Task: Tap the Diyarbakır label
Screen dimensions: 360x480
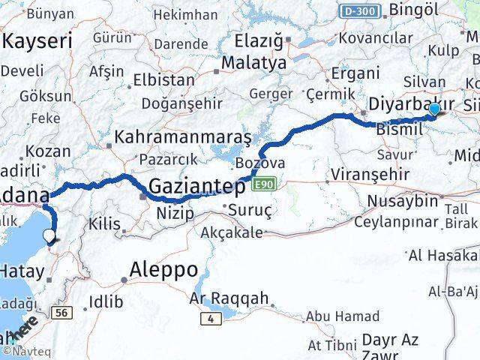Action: (x=412, y=103)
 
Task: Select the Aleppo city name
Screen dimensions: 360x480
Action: (x=163, y=268)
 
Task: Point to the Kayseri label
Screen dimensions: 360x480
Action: (x=37, y=41)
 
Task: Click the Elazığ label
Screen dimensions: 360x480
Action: (x=258, y=40)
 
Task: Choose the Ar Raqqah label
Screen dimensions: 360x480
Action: (x=228, y=298)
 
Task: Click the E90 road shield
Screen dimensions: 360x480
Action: (x=264, y=184)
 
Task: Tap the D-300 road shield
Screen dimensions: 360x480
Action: (x=360, y=11)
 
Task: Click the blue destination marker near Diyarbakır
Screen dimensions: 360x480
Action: (x=434, y=109)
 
